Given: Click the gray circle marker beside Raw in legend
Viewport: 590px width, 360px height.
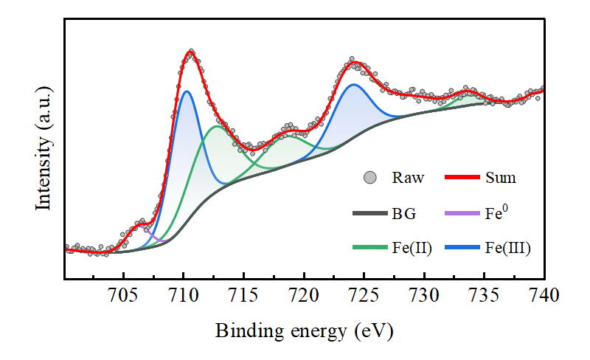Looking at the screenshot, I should coord(371,178).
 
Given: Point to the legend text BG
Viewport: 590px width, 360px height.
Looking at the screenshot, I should coord(404,215).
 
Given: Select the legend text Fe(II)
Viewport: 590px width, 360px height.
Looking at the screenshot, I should coord(412,249).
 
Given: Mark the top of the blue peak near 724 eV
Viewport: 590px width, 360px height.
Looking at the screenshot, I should coord(354,84).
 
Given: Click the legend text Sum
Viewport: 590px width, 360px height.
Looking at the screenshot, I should coord(501,178).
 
